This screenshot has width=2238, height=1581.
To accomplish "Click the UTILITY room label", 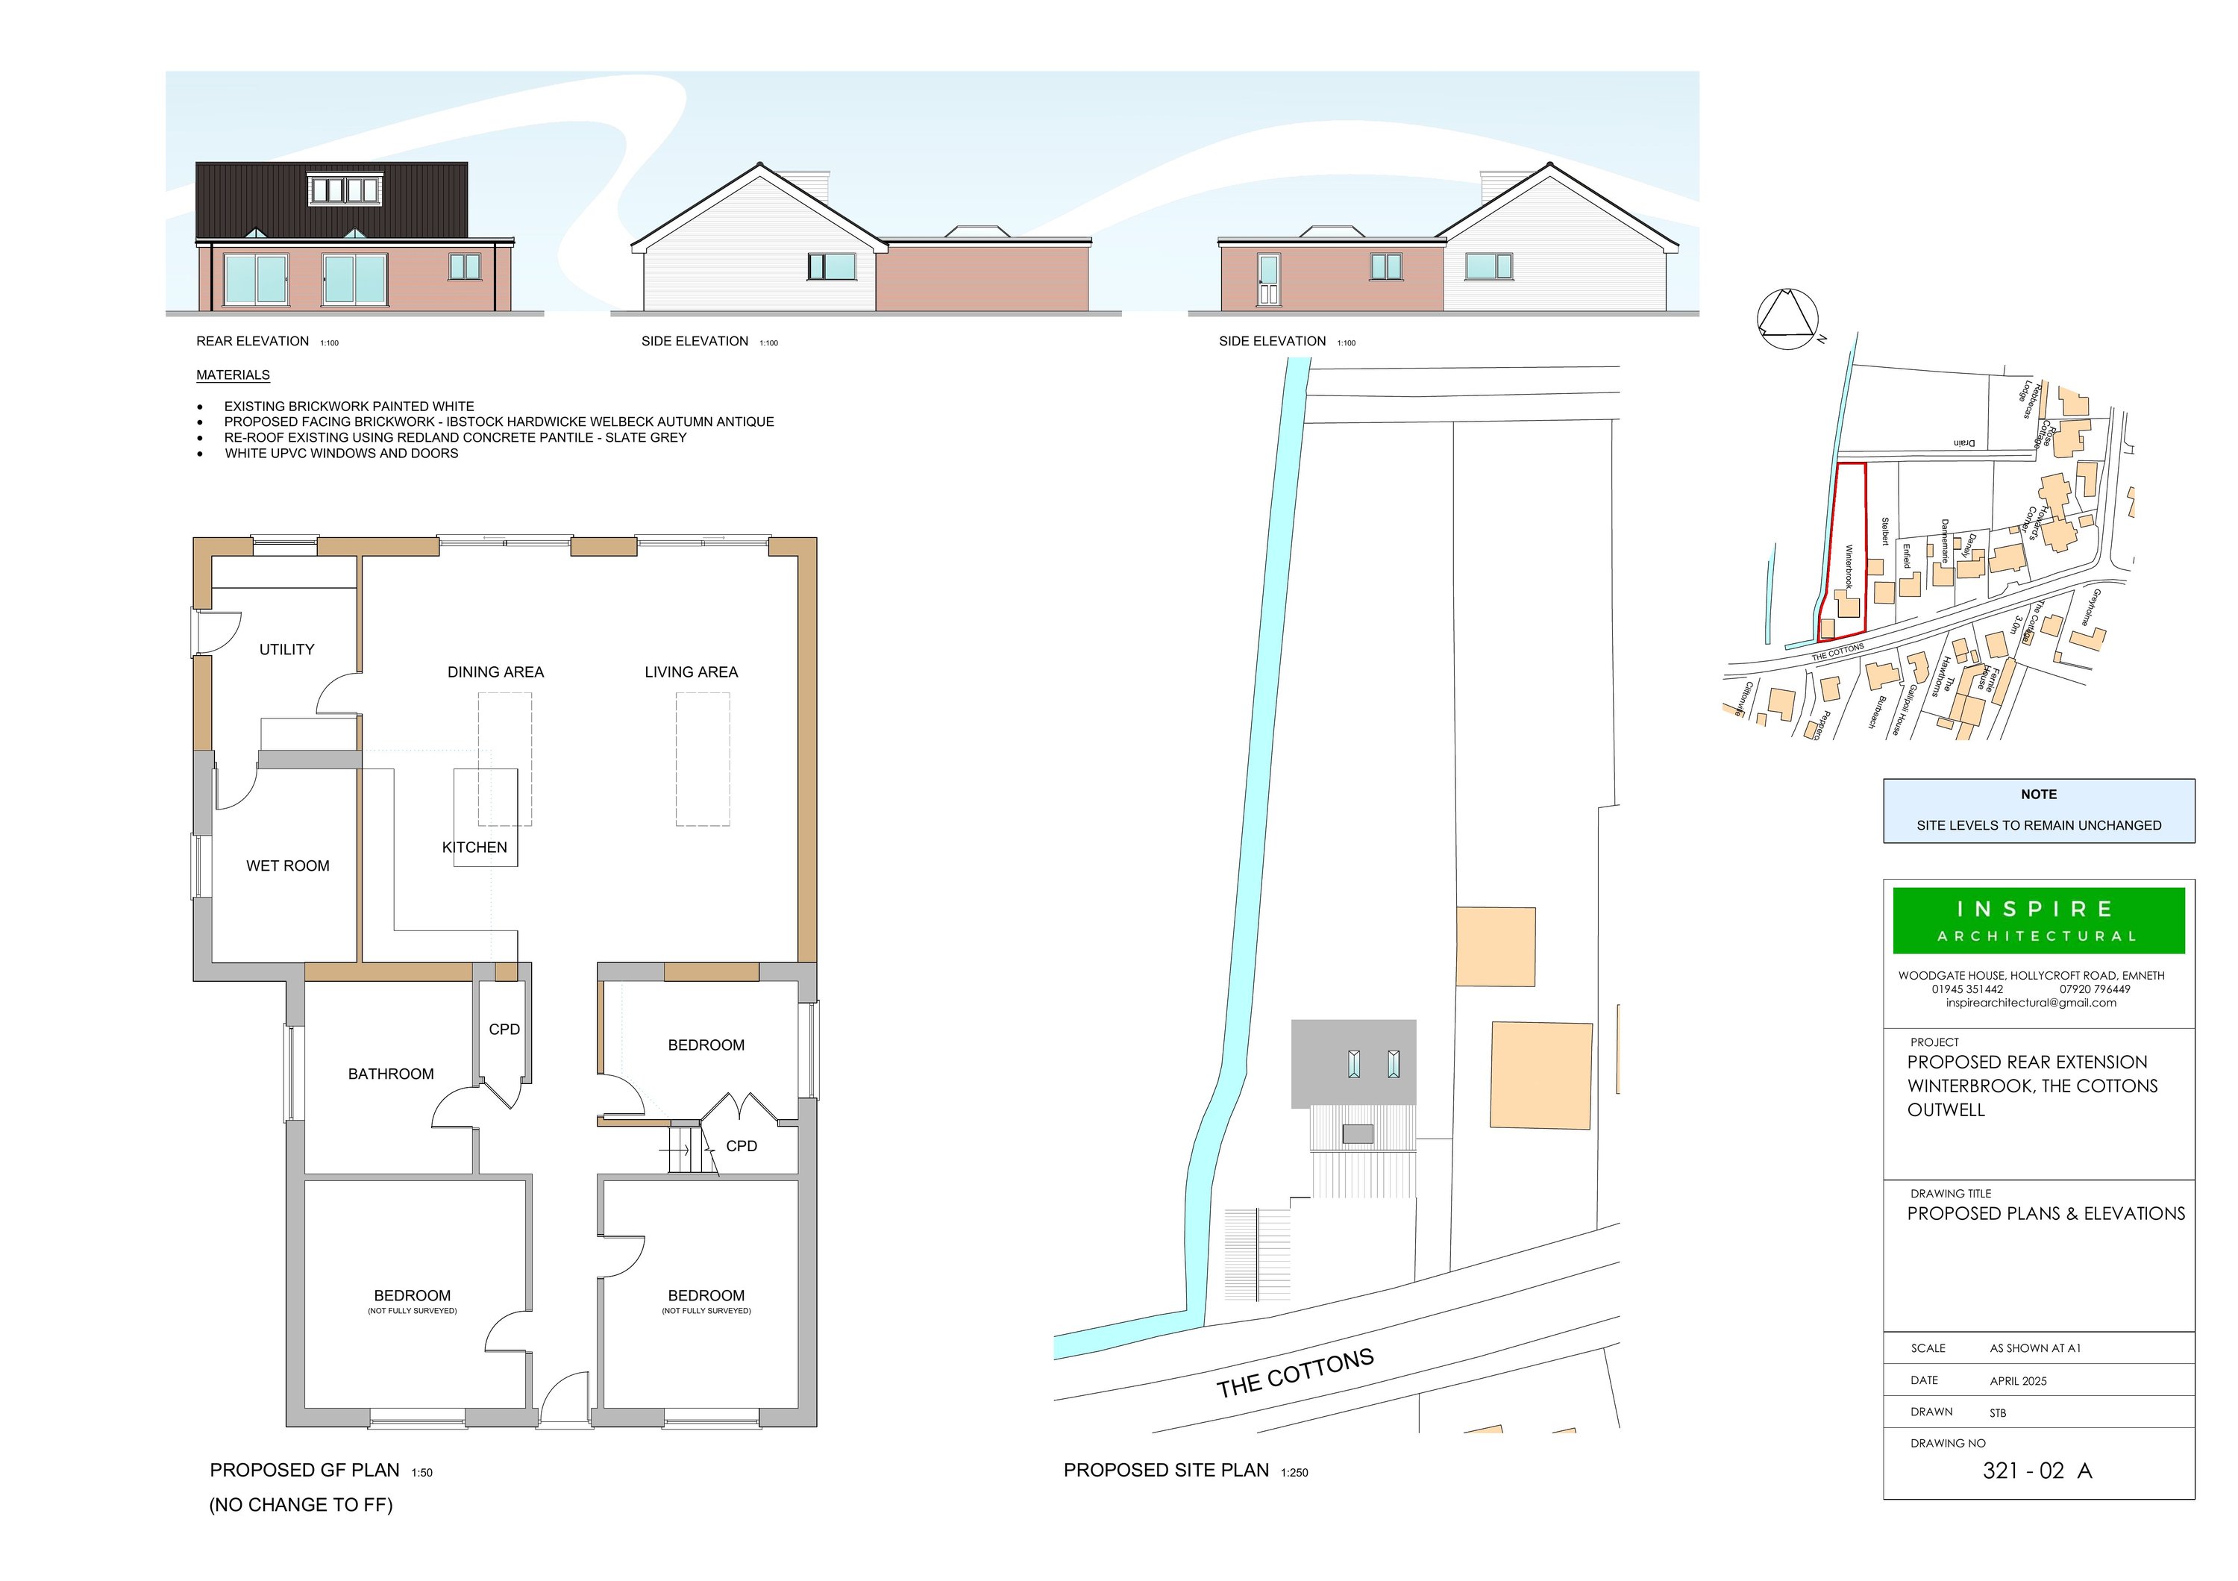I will pyautogui.click(x=286, y=649).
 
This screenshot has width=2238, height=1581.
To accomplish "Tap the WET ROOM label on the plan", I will pyautogui.click(x=287, y=865).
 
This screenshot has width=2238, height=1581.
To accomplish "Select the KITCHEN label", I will pyautogui.click(x=474, y=847).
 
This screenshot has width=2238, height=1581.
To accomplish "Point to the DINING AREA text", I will pyautogui.click(x=495, y=671).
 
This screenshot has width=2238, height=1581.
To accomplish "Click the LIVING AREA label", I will pyautogui.click(x=691, y=671).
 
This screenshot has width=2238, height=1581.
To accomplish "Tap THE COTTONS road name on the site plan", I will pyautogui.click(x=1294, y=1374).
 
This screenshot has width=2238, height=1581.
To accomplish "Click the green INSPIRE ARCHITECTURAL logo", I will pyautogui.click(x=2038, y=920).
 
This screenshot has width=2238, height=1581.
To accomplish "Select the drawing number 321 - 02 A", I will pyautogui.click(x=2037, y=1471).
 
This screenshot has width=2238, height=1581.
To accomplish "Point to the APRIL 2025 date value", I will pyautogui.click(x=2018, y=1381).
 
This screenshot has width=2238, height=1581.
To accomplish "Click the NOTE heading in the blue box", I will pyautogui.click(x=2038, y=795).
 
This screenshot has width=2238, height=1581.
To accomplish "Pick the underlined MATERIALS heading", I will pyautogui.click(x=233, y=375).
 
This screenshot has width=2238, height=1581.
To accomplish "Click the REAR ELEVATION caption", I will pyautogui.click(x=252, y=341).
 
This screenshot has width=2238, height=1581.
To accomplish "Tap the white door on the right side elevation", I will pyautogui.click(x=1268, y=280).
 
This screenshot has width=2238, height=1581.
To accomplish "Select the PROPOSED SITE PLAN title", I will pyautogui.click(x=1166, y=1470).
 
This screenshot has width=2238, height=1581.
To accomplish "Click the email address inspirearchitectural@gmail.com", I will pyautogui.click(x=2031, y=1003).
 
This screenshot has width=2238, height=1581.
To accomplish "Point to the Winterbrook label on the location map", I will pyautogui.click(x=1848, y=566).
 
